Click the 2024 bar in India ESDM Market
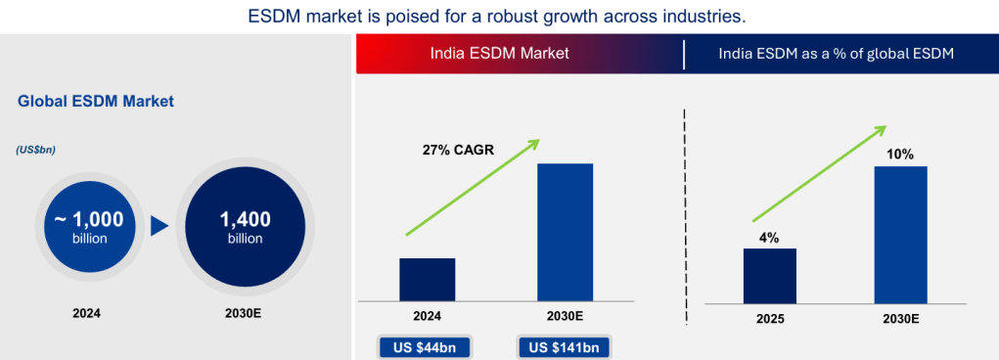point(427,279)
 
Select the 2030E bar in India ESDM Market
point(566,232)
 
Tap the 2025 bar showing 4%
point(770,276)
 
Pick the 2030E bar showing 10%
point(900,235)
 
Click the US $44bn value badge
point(425,348)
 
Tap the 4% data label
point(769,238)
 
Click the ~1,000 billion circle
point(89,227)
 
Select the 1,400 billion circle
point(245,227)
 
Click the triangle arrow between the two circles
point(159,227)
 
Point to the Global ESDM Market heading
point(96,102)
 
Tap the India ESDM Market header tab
point(499,54)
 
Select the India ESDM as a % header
point(836,54)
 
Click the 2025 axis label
point(769,319)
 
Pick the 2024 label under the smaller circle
point(87,313)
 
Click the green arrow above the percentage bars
point(819,173)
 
